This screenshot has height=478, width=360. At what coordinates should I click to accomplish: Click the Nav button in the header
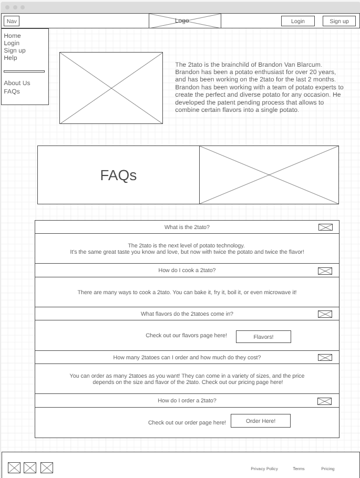pyautogui.click(x=12, y=21)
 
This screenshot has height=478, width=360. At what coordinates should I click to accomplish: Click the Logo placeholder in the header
pyautogui.click(x=184, y=21)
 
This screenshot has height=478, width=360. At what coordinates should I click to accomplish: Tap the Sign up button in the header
pyautogui.click(x=339, y=21)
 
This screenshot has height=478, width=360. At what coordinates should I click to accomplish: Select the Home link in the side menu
pyautogui.click(x=13, y=36)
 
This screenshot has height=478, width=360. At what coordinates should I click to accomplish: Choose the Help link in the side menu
pyautogui.click(x=11, y=58)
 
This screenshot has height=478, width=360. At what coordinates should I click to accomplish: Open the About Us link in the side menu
pyautogui.click(x=17, y=83)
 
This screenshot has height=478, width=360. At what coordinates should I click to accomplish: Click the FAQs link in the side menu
pyautogui.click(x=12, y=91)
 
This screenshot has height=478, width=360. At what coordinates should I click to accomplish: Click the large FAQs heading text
pyautogui.click(x=118, y=175)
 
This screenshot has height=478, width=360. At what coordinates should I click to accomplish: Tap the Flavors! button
pyautogui.click(x=263, y=337)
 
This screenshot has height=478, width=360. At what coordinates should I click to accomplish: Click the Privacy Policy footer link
pyautogui.click(x=264, y=469)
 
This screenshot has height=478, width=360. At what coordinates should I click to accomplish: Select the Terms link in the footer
pyautogui.click(x=299, y=469)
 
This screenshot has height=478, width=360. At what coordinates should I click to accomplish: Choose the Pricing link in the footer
pyautogui.click(x=327, y=469)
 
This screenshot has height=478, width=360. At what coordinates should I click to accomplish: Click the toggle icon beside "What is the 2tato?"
pyautogui.click(x=325, y=227)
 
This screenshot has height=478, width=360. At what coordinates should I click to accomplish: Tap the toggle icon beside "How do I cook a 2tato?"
pyautogui.click(x=325, y=271)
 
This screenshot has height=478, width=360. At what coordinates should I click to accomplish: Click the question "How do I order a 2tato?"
pyautogui.click(x=187, y=400)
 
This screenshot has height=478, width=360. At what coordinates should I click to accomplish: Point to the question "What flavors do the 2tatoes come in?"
pyautogui.click(x=187, y=314)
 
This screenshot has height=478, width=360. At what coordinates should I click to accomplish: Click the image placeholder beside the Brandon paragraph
pyautogui.click(x=111, y=88)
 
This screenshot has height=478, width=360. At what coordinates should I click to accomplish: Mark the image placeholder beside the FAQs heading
pyautogui.click(x=269, y=175)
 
